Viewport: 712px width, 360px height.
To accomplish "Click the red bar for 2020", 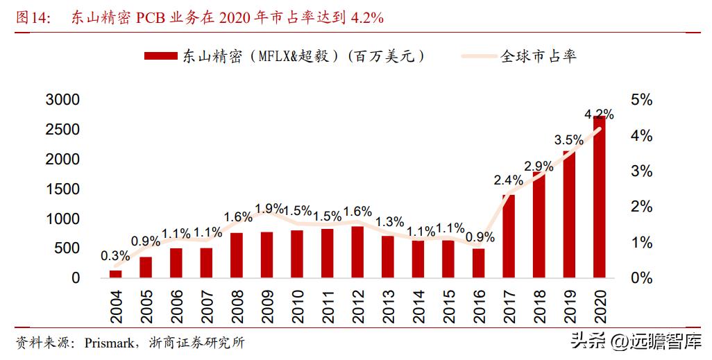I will [x=599, y=198].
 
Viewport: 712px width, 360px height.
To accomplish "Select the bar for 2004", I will [x=115, y=274].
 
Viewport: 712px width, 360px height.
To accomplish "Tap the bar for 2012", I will [x=357, y=252].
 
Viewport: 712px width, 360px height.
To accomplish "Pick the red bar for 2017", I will [x=508, y=237].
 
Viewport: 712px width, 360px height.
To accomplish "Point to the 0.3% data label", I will [x=115, y=256].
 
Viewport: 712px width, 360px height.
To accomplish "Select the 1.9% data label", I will [x=269, y=208].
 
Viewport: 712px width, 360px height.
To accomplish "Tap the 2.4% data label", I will [x=508, y=180].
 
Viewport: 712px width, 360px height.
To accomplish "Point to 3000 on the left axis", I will [x=62, y=100].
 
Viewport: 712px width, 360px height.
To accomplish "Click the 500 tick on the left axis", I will [x=67, y=248].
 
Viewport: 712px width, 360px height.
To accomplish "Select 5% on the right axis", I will [x=641, y=100].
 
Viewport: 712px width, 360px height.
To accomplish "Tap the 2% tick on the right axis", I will [x=641, y=207].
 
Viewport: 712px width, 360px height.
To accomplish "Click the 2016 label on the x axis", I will [x=478, y=306].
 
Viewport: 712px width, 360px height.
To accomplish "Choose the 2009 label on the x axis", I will [x=266, y=306].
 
